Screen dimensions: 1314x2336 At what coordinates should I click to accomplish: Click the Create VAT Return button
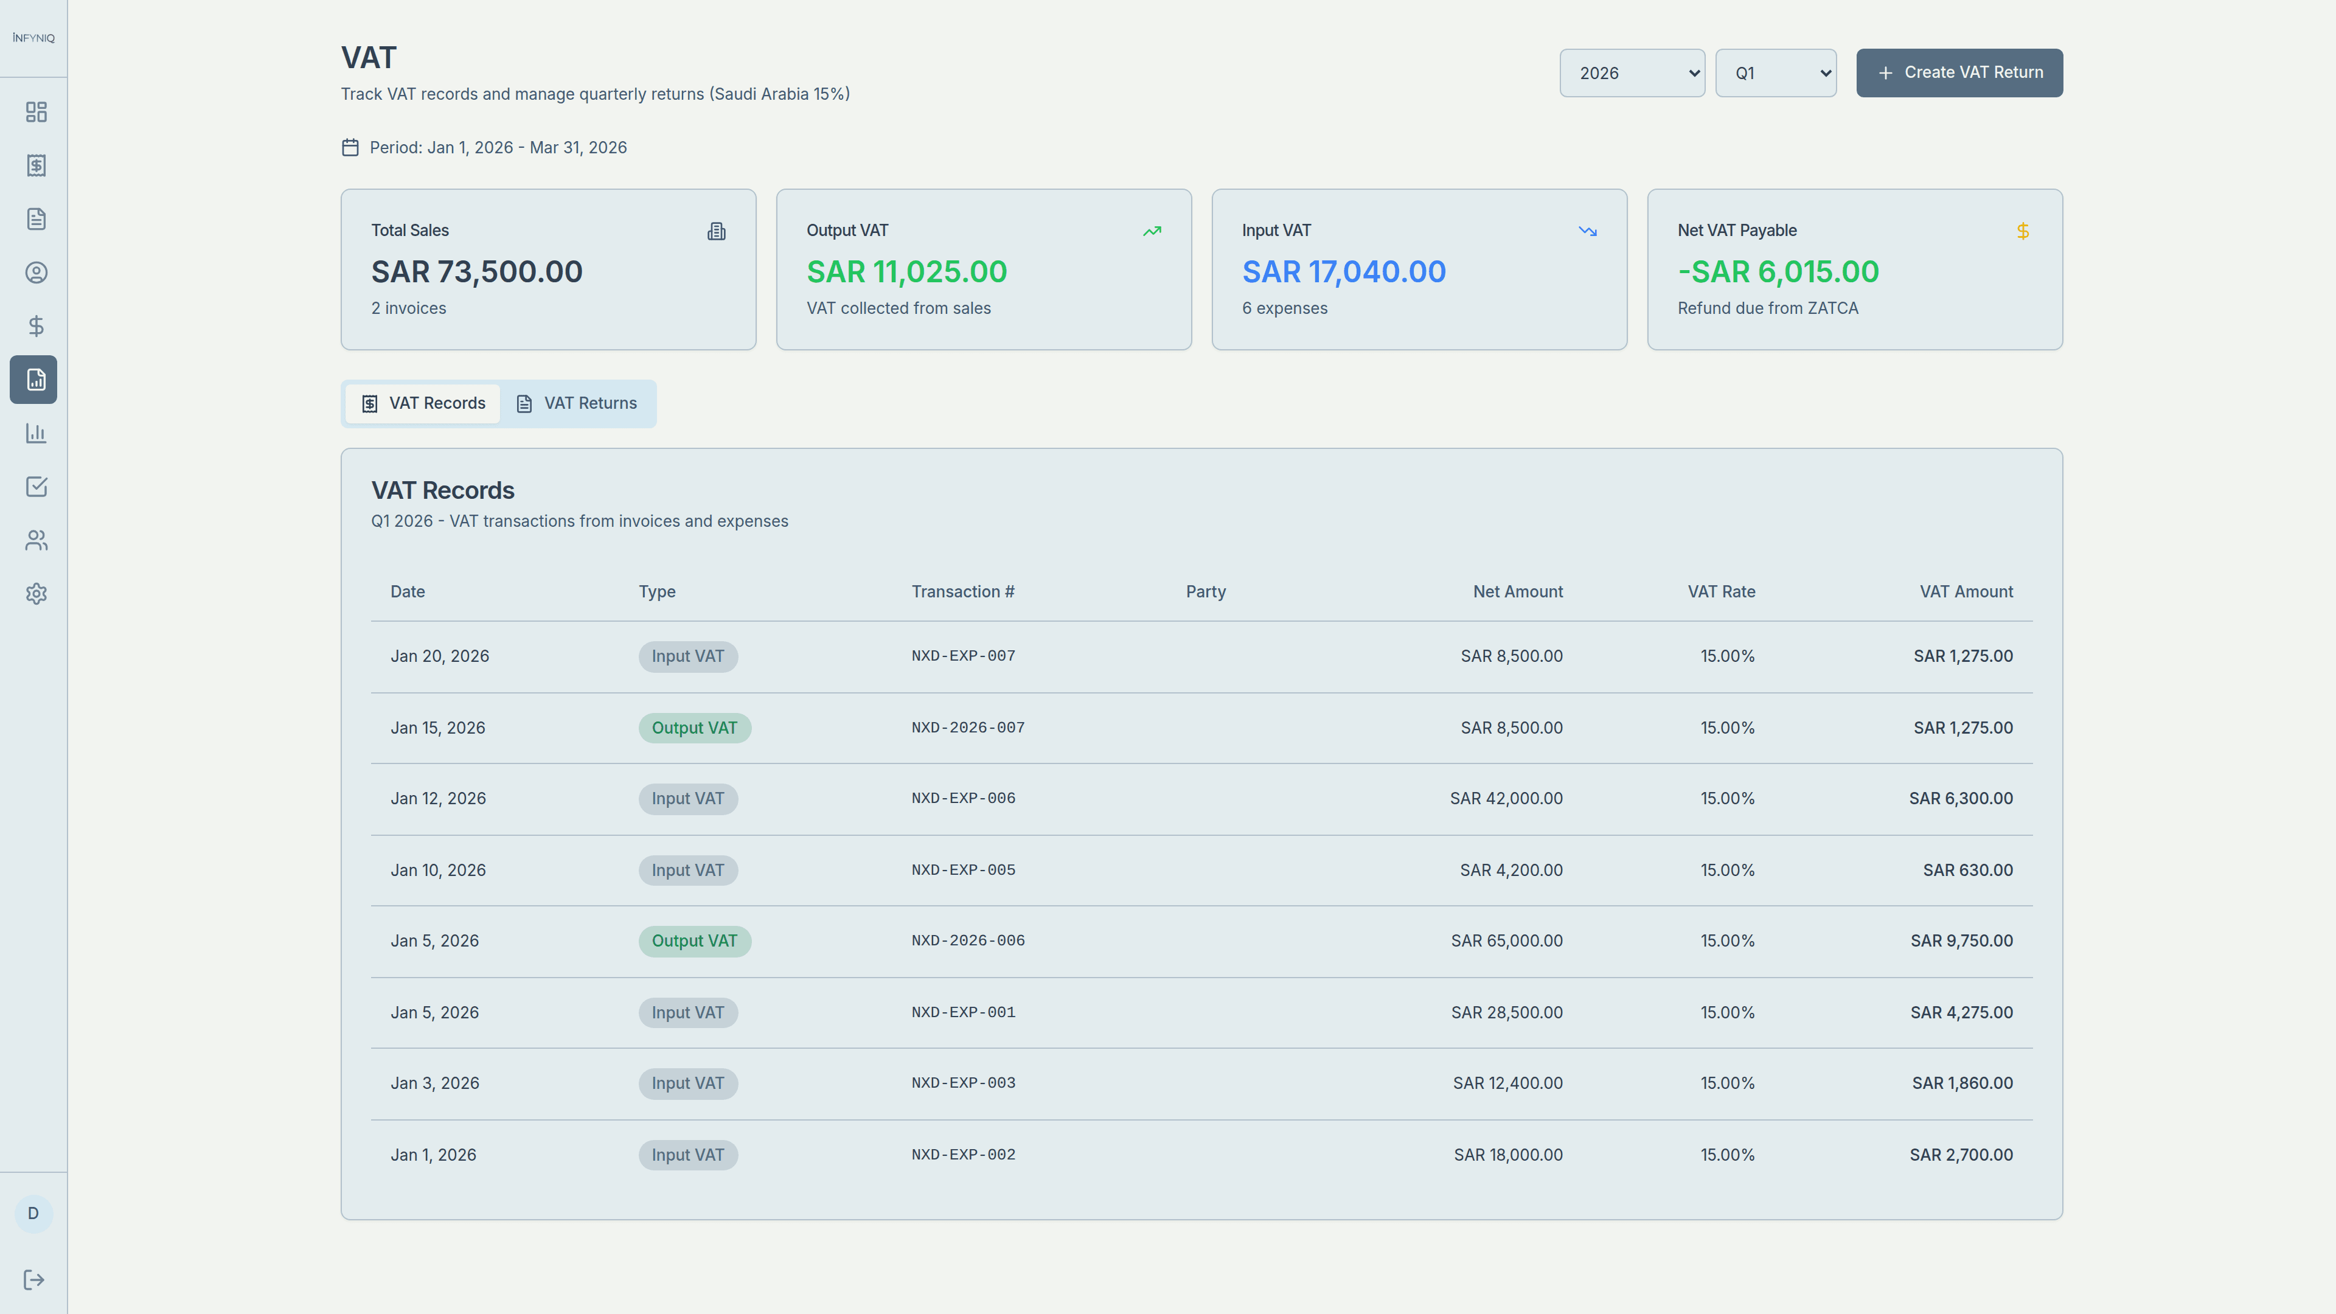coord(1959,72)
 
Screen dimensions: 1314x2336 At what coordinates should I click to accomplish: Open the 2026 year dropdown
coord(1632,72)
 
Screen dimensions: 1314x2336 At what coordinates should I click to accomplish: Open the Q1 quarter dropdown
coord(1775,72)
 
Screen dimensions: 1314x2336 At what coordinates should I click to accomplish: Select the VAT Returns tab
coord(578,403)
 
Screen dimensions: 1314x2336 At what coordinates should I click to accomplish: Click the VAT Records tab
coord(423,403)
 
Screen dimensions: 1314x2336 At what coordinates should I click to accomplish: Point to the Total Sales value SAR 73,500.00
coord(476,272)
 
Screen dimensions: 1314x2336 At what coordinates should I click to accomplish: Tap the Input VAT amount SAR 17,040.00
coord(1343,272)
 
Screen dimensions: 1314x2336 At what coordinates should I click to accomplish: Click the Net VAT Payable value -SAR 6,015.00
coord(1778,272)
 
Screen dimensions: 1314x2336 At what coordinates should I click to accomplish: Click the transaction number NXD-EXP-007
coord(963,656)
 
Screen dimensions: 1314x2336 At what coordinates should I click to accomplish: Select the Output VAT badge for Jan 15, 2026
coord(693,728)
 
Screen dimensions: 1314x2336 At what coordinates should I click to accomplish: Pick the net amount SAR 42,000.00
coord(1506,799)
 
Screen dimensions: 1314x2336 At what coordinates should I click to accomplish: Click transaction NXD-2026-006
coord(968,941)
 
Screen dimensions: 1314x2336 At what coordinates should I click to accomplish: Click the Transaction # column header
coord(962,592)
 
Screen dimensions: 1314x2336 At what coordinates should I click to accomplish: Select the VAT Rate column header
coord(1720,592)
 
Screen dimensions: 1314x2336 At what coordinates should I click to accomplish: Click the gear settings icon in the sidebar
coord(36,594)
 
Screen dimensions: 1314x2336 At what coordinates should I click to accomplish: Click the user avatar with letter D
coord(33,1214)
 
